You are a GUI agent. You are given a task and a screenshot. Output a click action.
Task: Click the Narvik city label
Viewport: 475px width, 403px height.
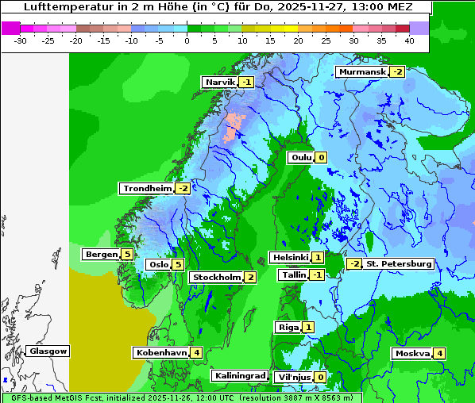(x=220, y=82)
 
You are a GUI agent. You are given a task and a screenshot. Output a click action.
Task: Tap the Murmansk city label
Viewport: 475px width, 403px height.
(x=361, y=72)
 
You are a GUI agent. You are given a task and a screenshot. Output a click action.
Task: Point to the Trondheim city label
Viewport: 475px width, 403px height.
(x=147, y=188)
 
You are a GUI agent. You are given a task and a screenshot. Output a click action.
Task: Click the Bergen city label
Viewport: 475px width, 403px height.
(x=101, y=254)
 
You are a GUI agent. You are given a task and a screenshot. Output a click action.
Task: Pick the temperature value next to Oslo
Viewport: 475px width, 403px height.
(x=179, y=265)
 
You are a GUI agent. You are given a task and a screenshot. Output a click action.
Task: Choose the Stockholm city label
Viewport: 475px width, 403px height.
(x=216, y=277)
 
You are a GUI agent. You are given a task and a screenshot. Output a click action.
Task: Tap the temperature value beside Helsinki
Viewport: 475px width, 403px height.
(x=318, y=257)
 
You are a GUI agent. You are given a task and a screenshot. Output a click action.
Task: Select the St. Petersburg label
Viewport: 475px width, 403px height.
(x=398, y=263)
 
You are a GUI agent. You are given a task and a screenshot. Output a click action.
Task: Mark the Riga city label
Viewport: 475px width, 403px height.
(x=288, y=327)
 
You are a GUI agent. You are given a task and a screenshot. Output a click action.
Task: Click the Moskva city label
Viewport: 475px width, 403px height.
(x=412, y=353)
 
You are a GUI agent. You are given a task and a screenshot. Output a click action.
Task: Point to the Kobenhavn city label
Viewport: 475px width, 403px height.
(x=161, y=352)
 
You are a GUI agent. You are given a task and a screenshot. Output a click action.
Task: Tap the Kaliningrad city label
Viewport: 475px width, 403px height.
(x=239, y=375)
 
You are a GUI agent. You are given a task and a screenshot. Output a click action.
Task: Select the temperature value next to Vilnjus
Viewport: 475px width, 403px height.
(x=320, y=377)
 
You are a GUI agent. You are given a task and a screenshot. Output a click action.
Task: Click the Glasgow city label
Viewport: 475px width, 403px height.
(x=48, y=351)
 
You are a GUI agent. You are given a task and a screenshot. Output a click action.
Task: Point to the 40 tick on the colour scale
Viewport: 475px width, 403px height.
(x=409, y=40)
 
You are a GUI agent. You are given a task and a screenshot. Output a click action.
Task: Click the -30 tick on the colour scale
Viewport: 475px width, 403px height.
(x=21, y=40)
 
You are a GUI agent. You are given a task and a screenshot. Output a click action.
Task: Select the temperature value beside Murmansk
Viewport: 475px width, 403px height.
(x=397, y=72)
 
